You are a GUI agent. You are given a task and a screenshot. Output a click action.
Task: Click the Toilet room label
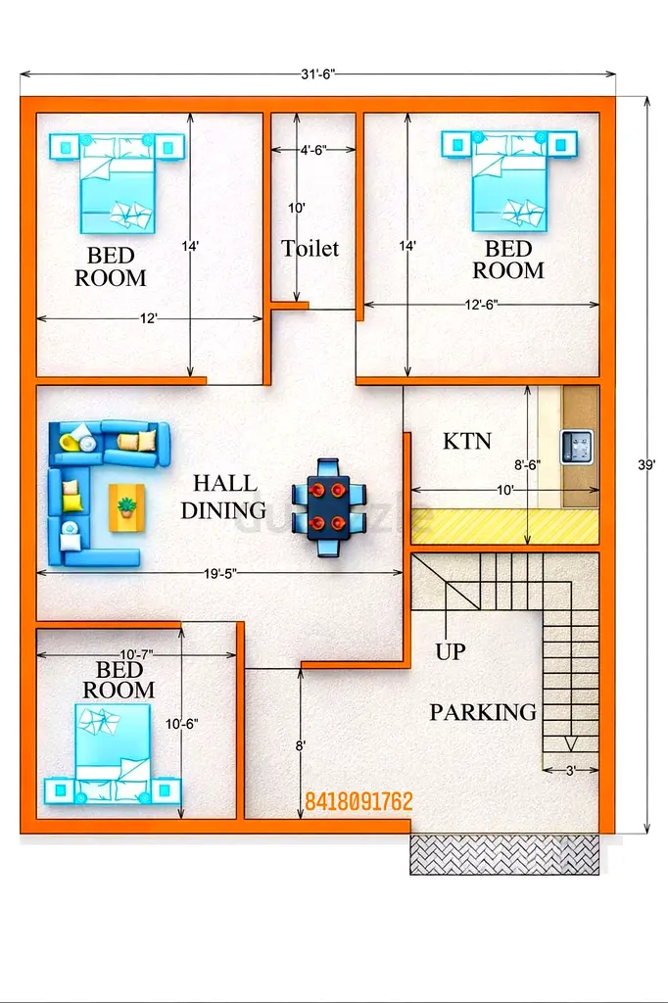(310, 248)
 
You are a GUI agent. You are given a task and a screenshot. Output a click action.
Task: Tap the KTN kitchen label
(467, 441)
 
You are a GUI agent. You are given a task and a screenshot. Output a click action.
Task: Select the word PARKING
(483, 712)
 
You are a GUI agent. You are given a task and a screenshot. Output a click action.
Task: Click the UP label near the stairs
(451, 651)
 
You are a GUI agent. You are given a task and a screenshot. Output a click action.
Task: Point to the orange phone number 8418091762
(358, 801)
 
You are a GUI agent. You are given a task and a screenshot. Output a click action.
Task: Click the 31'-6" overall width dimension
(318, 74)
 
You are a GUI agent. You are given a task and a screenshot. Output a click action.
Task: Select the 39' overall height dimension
(646, 465)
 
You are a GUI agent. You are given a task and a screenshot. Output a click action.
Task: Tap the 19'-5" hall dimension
(220, 573)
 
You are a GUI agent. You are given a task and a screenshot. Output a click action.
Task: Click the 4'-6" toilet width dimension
(313, 150)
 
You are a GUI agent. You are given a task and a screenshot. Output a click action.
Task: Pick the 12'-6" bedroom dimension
(481, 305)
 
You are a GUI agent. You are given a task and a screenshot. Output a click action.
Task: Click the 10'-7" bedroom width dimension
(136, 654)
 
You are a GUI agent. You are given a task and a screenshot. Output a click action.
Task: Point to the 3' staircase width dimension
(571, 771)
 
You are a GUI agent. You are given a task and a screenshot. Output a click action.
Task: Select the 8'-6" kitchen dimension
(527, 465)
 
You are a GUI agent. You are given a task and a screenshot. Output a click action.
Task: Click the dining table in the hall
(329, 508)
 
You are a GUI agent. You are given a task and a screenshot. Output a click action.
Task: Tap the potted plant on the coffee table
(126, 507)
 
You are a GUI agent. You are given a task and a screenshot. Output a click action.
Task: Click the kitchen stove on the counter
(577, 447)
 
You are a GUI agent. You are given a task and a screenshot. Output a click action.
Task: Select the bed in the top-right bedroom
(509, 180)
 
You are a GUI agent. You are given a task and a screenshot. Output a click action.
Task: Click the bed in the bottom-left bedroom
(113, 754)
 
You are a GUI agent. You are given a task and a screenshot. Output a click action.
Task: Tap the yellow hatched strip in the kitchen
(504, 525)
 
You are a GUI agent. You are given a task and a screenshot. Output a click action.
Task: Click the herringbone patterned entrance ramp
(504, 854)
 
